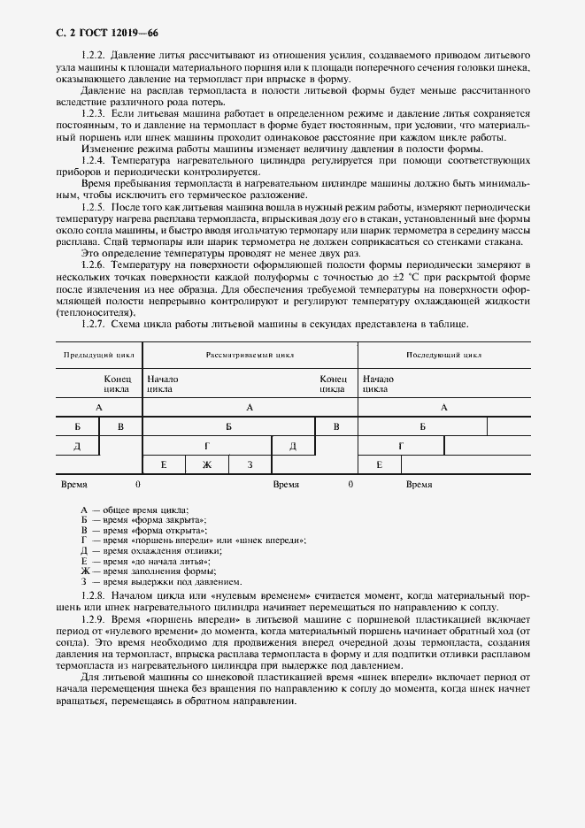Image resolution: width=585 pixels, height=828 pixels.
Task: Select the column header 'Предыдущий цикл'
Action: pyautogui.click(x=98, y=355)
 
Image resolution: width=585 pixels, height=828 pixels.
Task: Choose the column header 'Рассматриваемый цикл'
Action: pyautogui.click(x=250, y=355)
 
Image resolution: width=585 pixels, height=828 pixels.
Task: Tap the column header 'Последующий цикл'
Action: pyautogui.click(x=443, y=355)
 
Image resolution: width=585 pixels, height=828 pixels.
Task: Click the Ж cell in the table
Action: pyautogui.click(x=207, y=465)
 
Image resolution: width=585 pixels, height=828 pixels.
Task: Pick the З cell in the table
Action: pyautogui.click(x=250, y=465)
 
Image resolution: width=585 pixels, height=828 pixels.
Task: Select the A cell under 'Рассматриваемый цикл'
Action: pyautogui.click(x=250, y=407)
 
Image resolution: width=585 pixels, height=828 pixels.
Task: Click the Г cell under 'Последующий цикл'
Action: pyautogui.click(x=400, y=446)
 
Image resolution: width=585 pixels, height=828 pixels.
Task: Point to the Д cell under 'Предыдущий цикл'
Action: pyautogui.click(x=77, y=446)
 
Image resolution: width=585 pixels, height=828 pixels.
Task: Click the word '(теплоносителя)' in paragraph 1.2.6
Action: pyautogui.click(x=90, y=312)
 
